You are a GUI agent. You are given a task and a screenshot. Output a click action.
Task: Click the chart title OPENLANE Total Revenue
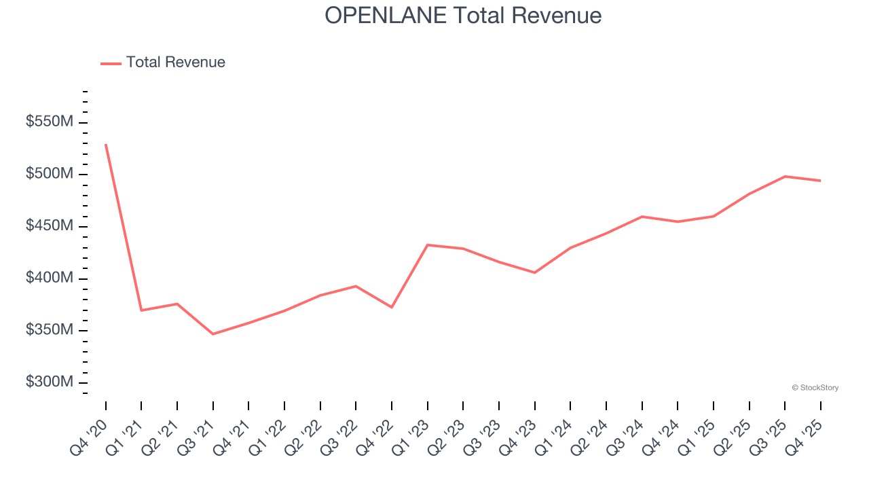pyautogui.click(x=463, y=15)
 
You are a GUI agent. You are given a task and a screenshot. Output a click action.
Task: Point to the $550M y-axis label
pyautogui.click(x=50, y=122)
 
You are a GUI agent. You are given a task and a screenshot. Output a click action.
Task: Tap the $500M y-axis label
pyautogui.click(x=50, y=175)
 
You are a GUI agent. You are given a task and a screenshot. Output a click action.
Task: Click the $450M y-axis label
pyautogui.click(x=50, y=226)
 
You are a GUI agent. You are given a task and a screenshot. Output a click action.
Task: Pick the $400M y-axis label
pyautogui.click(x=50, y=278)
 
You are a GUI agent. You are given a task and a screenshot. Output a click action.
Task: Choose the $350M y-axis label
pyautogui.click(x=50, y=330)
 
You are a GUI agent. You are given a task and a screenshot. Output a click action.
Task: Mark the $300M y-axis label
pyautogui.click(x=50, y=382)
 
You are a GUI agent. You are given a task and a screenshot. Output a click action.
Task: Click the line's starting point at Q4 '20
pyautogui.click(x=106, y=145)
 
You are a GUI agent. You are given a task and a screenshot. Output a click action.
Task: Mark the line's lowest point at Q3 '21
pyautogui.click(x=213, y=334)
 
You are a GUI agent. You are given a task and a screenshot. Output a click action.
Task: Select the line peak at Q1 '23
pyautogui.click(x=428, y=244)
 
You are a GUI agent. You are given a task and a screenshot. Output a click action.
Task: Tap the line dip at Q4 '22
pyautogui.click(x=392, y=307)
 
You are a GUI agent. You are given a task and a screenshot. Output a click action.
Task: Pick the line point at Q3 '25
pyautogui.click(x=785, y=177)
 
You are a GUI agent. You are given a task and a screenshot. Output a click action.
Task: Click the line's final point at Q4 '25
pyautogui.click(x=821, y=181)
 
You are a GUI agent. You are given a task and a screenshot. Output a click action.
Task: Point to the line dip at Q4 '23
pyautogui.click(x=535, y=272)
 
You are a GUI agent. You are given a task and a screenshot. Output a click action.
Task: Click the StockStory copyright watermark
pyautogui.click(x=815, y=388)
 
